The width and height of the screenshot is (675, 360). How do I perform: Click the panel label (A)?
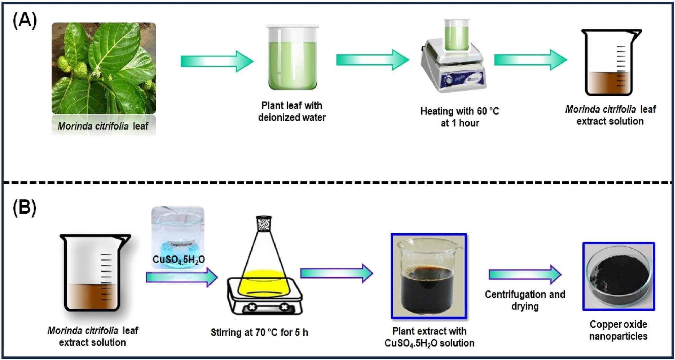pos(25,21)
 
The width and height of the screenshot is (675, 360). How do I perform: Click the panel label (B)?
pos(25,207)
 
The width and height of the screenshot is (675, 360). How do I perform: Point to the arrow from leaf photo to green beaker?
pos(217,61)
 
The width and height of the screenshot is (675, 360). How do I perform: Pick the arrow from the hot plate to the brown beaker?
pos(530,60)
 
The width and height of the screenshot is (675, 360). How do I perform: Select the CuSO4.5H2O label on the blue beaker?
pos(178,259)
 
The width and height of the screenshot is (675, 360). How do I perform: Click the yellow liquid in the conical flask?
pos(264,283)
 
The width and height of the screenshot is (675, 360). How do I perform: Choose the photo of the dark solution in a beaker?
pos(428,276)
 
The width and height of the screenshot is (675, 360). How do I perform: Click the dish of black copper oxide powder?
pos(618,276)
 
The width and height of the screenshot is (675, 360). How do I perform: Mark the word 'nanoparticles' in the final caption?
pos(618,336)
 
